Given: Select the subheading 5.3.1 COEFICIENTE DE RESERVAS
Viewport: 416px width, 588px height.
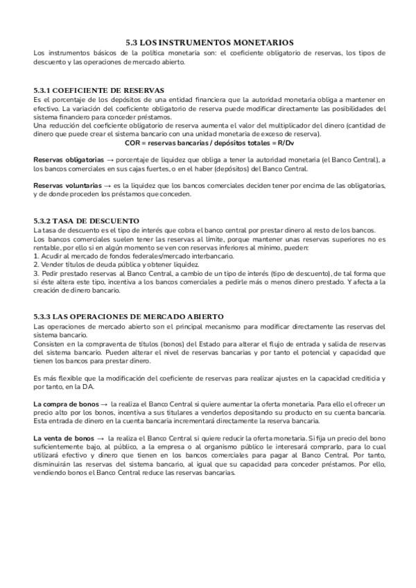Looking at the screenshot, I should [98, 90].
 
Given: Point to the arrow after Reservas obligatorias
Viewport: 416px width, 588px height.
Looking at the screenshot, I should [110, 159].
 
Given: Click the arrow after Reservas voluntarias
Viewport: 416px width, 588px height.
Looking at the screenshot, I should [107, 185].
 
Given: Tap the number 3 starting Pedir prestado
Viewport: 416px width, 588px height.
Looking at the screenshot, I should [35, 273].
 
